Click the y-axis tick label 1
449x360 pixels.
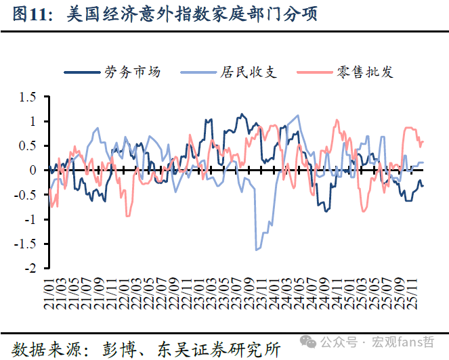32,121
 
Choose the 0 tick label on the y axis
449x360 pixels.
32,170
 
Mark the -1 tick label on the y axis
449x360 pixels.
29,219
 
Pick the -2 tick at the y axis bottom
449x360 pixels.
29,268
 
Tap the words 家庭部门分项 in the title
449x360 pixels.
275,14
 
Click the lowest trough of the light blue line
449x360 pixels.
257,250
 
